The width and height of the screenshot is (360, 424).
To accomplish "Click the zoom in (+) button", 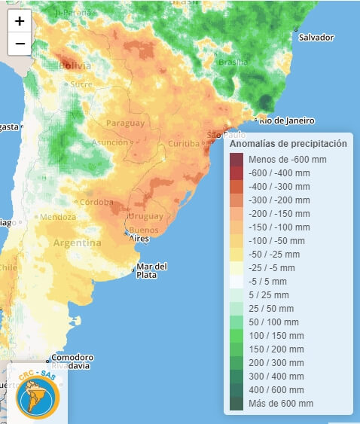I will pyautogui.click(x=20, y=21).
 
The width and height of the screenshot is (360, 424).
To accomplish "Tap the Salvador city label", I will pyautogui.click(x=316, y=37).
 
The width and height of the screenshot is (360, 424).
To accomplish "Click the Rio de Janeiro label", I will pyautogui.click(x=288, y=120).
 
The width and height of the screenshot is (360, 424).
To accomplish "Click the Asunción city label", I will pyautogui.click(x=110, y=142).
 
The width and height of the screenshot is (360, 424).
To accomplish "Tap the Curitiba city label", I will pyautogui.click(x=184, y=144).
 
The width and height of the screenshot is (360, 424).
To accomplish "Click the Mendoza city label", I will pyautogui.click(x=58, y=217).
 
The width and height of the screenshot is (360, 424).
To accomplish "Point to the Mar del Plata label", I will pyautogui.click(x=151, y=270).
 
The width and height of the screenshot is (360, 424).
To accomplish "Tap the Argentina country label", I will pyautogui.click(x=77, y=243).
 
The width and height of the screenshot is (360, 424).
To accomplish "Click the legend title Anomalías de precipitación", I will pyautogui.click(x=288, y=143).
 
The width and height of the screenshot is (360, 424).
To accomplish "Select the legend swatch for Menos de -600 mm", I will pyautogui.click(x=236, y=159).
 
